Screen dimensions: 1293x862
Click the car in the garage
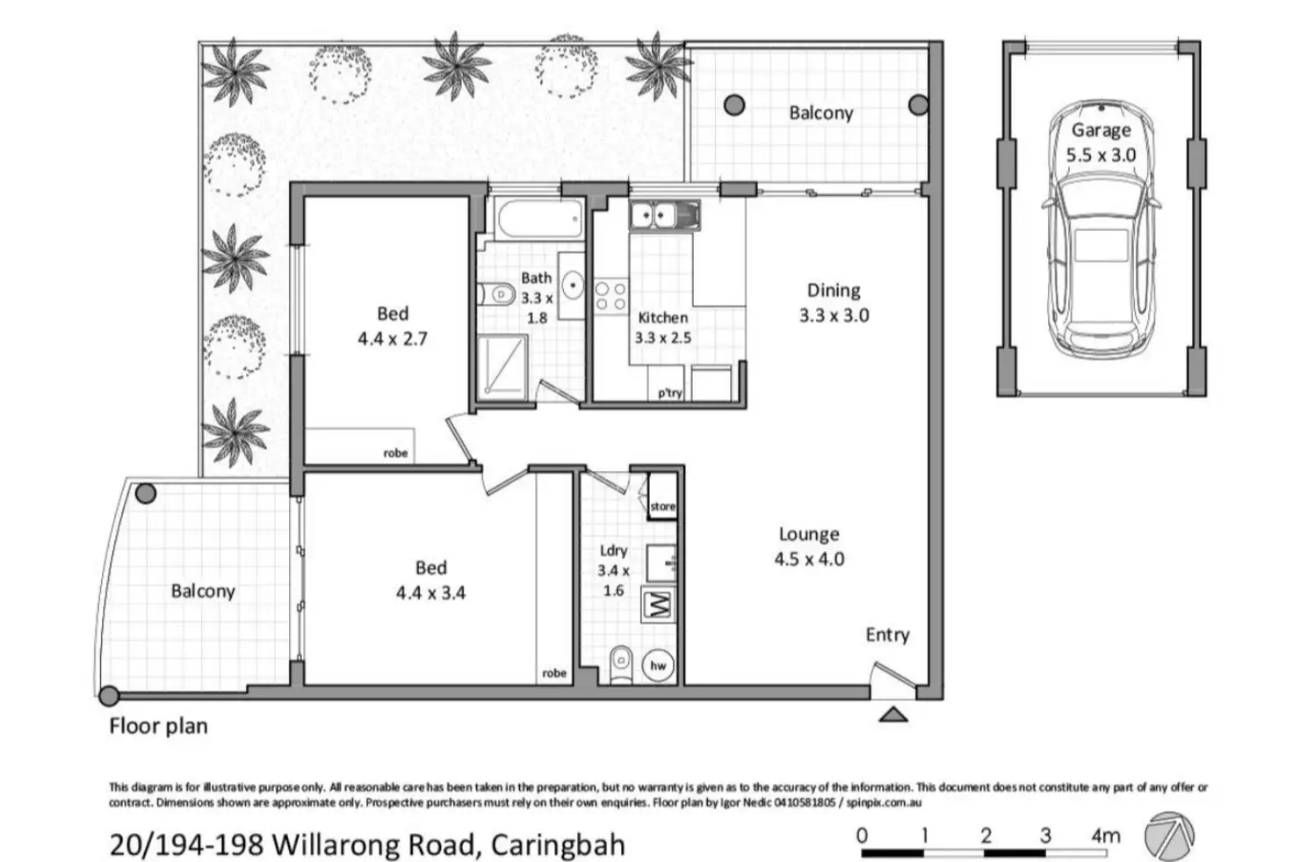1100,255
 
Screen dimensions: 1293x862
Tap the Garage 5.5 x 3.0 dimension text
1101,155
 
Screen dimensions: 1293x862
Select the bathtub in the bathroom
538,219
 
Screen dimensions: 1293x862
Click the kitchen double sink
664,214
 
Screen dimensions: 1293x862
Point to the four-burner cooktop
610,295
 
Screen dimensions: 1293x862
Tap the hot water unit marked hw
658,665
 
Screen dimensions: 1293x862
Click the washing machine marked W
659,605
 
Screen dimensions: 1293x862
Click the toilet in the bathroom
496,293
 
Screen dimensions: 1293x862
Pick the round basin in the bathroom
573,284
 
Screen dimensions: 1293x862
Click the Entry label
887,634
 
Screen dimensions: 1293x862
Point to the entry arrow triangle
893,714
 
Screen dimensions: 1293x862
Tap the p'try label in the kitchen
669,393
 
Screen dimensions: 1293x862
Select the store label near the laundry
663,506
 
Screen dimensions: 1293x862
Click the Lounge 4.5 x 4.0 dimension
808,559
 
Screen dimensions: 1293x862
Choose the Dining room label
834,290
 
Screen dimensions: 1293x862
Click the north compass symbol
1170,836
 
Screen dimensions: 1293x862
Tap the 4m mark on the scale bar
1105,836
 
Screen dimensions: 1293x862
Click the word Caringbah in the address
558,844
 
